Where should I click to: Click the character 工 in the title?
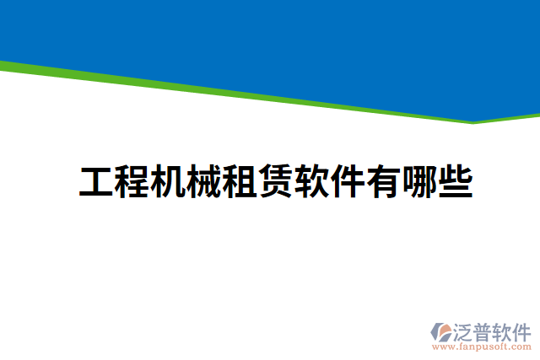(x=97, y=182)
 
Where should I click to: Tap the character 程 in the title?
(x=132, y=182)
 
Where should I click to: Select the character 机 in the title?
(x=168, y=182)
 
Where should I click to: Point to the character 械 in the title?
(x=203, y=182)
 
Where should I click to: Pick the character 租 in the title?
(x=240, y=182)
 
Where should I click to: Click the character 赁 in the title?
(x=276, y=182)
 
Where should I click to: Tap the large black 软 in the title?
(x=311, y=182)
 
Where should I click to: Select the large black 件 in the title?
(x=347, y=182)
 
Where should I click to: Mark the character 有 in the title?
(x=382, y=182)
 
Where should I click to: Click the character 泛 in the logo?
(x=465, y=330)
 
